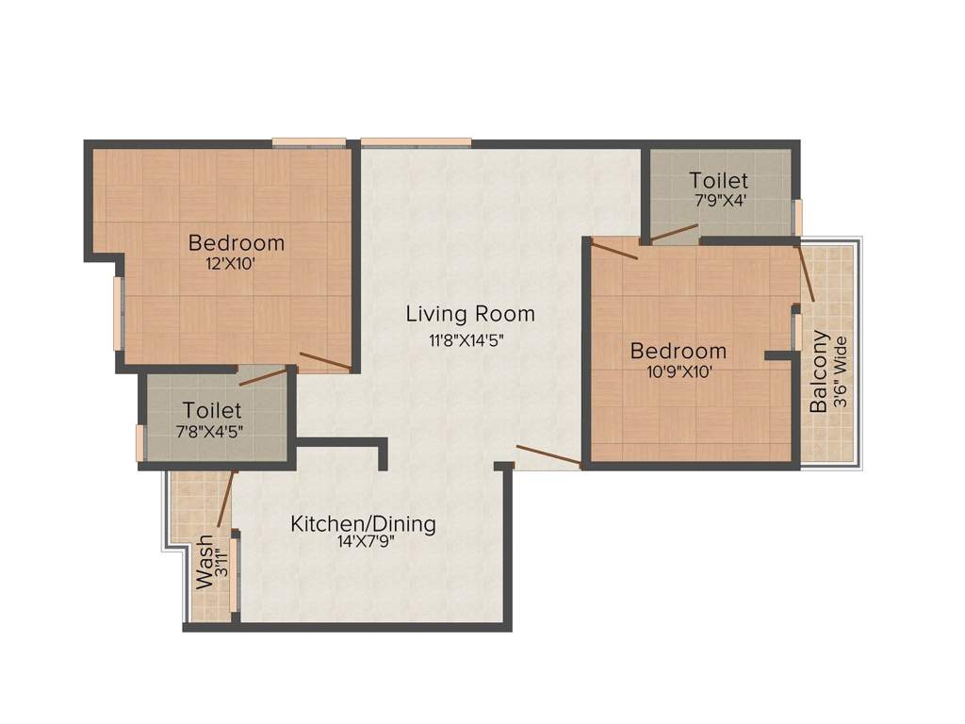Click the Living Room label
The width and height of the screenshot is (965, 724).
(470, 313)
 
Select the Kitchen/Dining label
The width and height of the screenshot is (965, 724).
(363, 524)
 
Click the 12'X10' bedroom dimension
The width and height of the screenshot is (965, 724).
(231, 265)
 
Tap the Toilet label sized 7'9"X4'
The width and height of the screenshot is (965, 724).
(718, 179)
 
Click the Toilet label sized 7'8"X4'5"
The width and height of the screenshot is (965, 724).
(212, 411)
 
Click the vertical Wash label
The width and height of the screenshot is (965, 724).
(204, 563)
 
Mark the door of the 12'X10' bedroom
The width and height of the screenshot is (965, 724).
(325, 361)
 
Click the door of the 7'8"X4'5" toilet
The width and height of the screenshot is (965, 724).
(263, 377)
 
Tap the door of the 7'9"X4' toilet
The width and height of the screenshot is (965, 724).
(673, 233)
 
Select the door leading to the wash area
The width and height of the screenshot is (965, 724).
(225, 499)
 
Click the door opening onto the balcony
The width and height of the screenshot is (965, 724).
(806, 272)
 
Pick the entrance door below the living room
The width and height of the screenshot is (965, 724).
(548, 456)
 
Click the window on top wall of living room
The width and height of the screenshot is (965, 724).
(416, 142)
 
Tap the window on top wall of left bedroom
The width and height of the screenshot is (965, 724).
(309, 142)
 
